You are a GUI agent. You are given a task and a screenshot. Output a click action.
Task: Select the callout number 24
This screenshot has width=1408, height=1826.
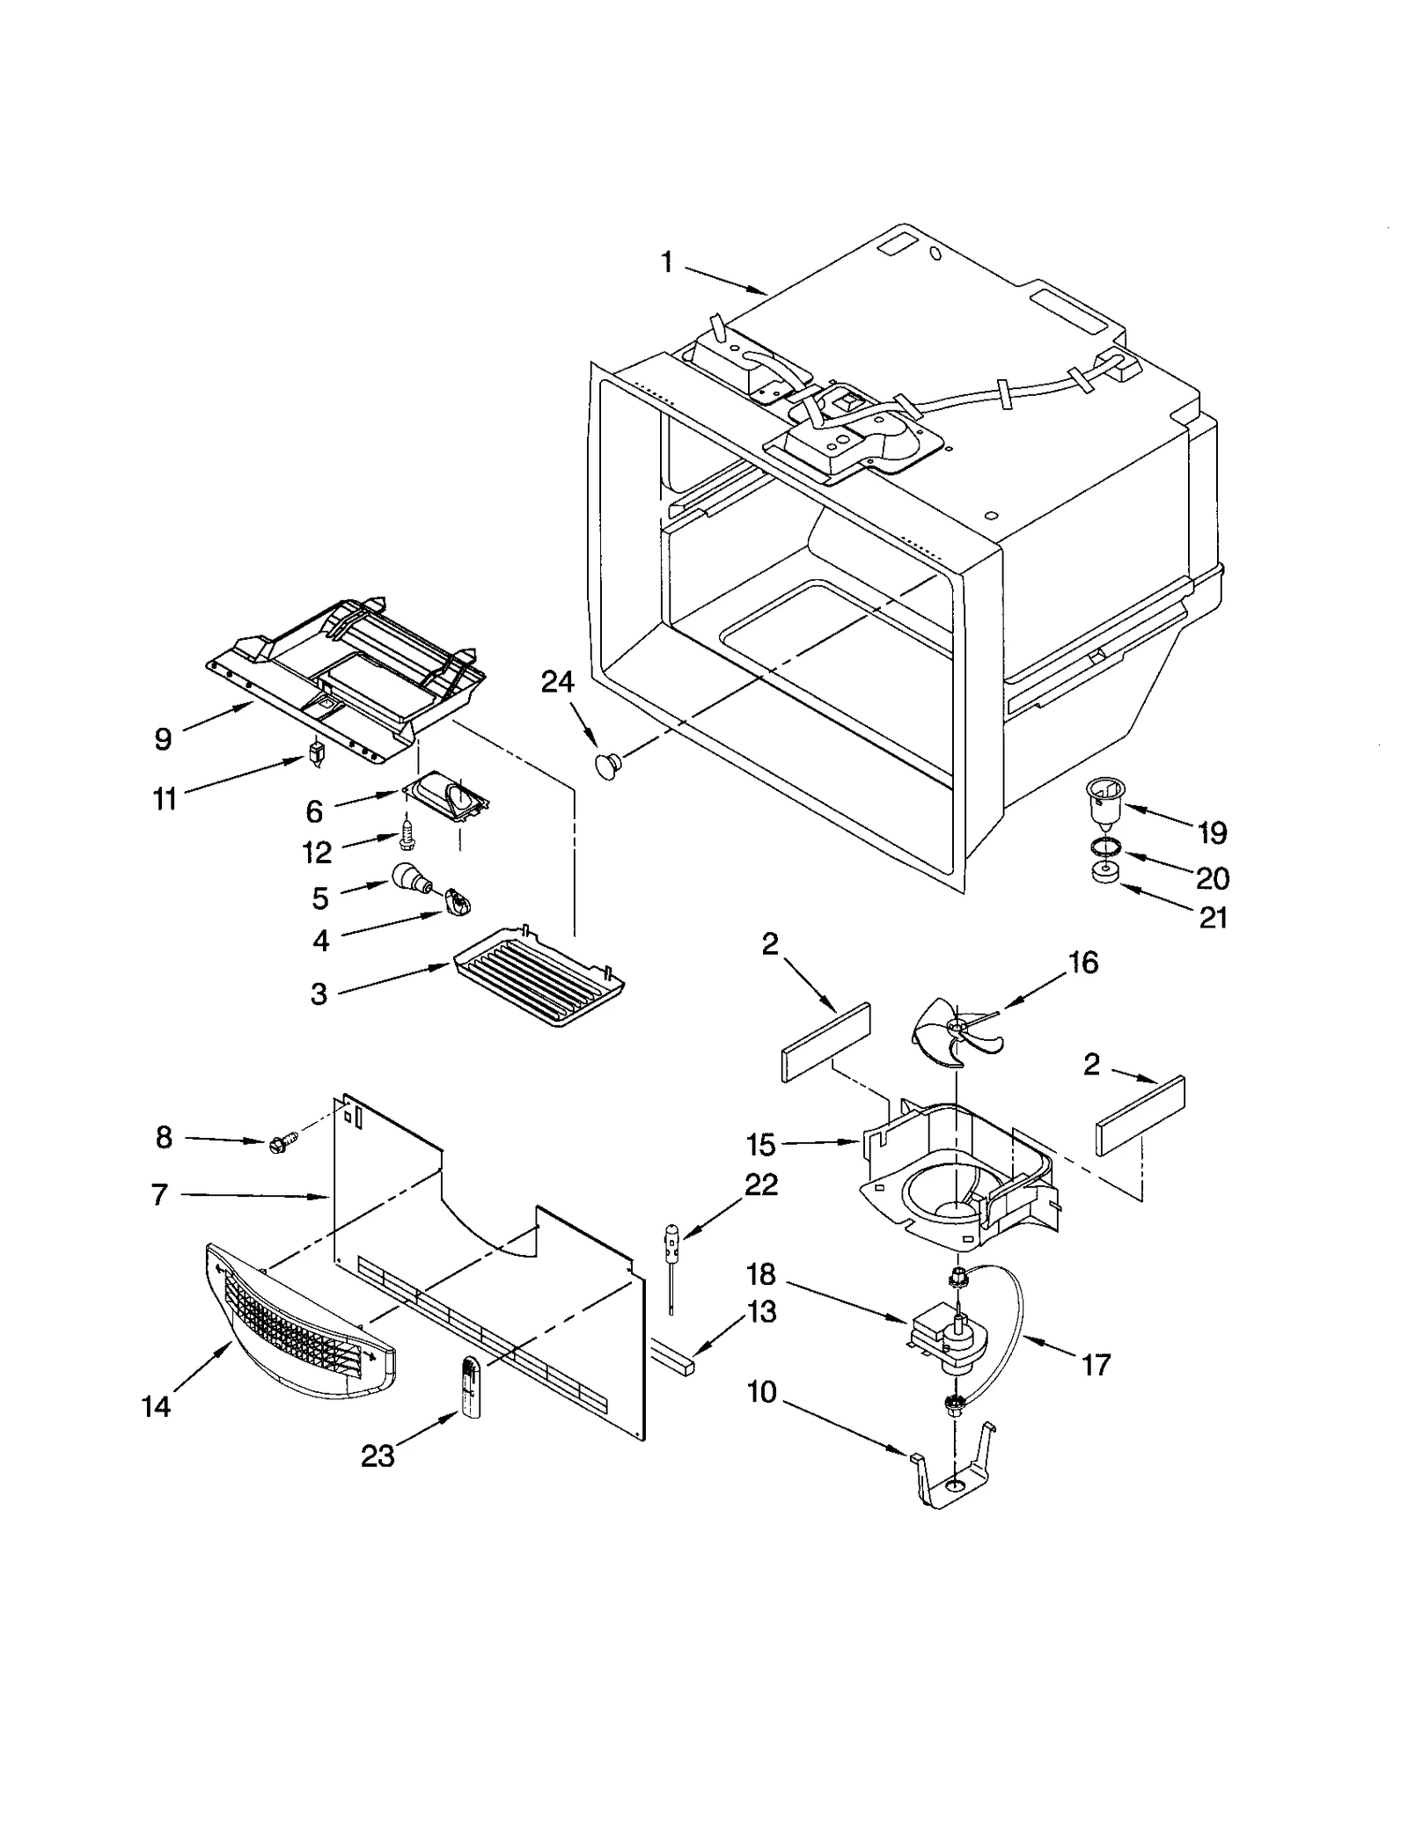pos(557,682)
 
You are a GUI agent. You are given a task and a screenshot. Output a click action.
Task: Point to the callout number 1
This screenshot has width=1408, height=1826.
pos(666,261)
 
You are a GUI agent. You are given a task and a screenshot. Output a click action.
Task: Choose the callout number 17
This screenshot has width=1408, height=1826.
pos(1096,1365)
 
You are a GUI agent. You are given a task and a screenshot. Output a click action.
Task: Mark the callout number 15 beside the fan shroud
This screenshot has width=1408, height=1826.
pos(761,1145)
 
